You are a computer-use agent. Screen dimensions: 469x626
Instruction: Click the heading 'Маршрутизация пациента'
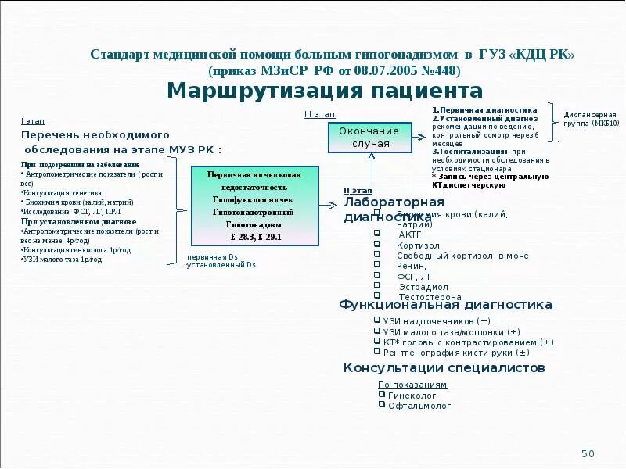[x=325, y=91]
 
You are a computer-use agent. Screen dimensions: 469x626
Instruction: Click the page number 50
[x=588, y=454]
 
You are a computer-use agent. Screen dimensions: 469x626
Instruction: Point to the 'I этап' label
[x=32, y=121]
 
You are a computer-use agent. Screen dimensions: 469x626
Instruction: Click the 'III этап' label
[x=319, y=115]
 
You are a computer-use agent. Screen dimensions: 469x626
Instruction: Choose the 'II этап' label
[x=358, y=190]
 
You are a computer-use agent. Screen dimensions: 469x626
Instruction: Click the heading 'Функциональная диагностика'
[x=445, y=305]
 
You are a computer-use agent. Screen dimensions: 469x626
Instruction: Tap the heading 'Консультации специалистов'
[x=444, y=367]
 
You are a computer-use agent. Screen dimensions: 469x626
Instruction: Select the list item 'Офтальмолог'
[x=419, y=406]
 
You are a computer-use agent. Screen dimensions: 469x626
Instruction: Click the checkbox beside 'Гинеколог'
[x=381, y=395]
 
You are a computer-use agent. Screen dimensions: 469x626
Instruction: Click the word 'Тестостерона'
[x=430, y=297]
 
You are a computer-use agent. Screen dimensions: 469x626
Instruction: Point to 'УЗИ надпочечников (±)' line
[x=437, y=321]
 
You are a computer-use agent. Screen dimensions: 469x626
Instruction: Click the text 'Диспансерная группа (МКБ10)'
[x=591, y=118]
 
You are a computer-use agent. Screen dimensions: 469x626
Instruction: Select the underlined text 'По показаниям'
[x=412, y=385]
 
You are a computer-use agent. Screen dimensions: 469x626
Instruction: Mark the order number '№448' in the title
[x=440, y=70]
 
